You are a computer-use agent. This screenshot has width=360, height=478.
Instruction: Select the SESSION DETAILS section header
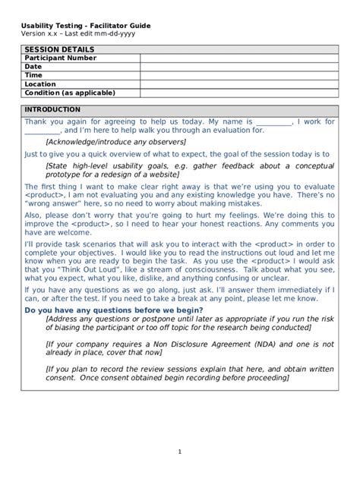(x=53, y=49)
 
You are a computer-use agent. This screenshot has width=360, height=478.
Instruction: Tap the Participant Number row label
(x=61, y=58)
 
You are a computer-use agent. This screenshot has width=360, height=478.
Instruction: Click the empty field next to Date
(x=238, y=67)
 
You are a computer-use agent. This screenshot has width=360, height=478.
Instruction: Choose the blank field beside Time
(x=238, y=75)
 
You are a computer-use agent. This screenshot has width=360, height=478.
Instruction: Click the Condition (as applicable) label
(x=70, y=93)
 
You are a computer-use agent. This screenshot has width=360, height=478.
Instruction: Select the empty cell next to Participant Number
(x=238, y=58)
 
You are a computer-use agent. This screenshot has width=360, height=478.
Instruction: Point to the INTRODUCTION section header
(x=52, y=109)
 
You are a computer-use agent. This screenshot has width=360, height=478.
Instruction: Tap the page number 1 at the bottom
(x=180, y=452)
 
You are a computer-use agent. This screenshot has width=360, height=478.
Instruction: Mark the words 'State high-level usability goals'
(x=106, y=165)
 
